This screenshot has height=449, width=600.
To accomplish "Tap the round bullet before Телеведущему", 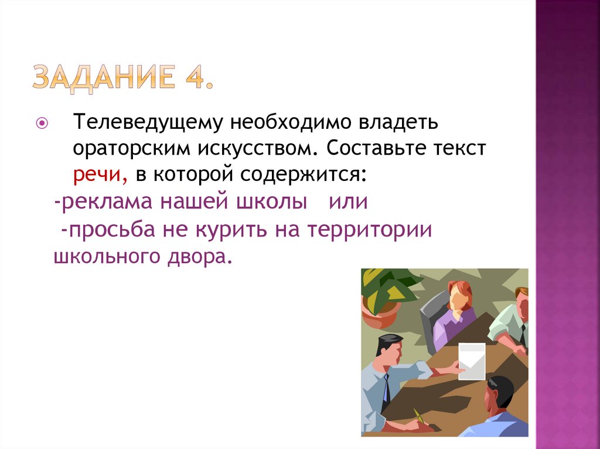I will pos(41,124).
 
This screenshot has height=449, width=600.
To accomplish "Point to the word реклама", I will pos(104,201).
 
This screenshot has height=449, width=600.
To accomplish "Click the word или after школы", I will pos(347,201).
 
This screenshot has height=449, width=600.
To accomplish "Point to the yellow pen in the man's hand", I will pos(418,416).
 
